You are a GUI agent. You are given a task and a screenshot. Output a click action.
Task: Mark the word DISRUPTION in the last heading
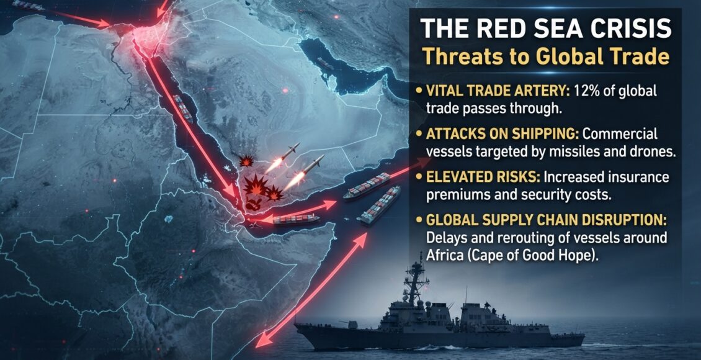click(623, 220)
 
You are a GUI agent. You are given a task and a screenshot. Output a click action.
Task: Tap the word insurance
click(635, 177)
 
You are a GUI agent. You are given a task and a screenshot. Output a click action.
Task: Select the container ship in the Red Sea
click(183, 108)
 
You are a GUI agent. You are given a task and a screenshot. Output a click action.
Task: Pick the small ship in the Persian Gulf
click(325, 64)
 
